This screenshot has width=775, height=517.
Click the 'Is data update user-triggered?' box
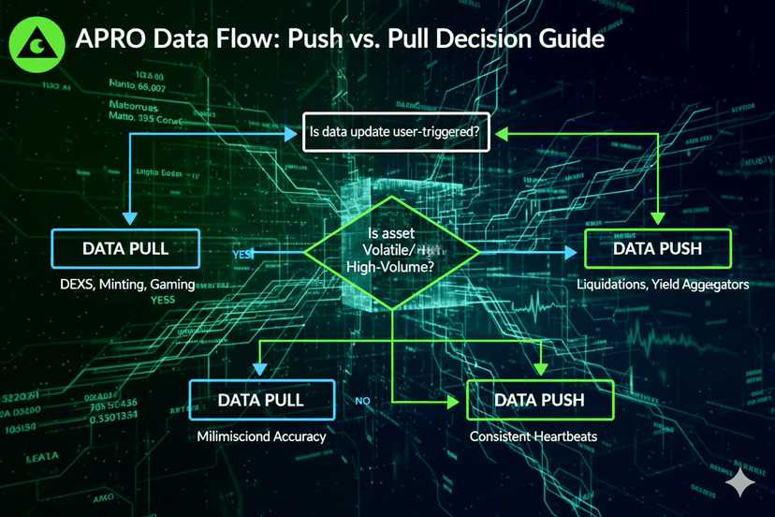pyautogui.click(x=394, y=133)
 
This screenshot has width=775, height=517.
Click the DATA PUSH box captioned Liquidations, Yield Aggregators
pyautogui.click(x=658, y=249)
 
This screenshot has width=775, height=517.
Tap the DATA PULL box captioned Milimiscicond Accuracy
pyautogui.click(x=261, y=400)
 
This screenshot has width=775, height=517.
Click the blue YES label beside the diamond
pyautogui.click(x=242, y=253)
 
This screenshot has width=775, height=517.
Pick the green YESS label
pyautogui.click(x=163, y=301)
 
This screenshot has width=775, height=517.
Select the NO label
pyautogui.click(x=365, y=401)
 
